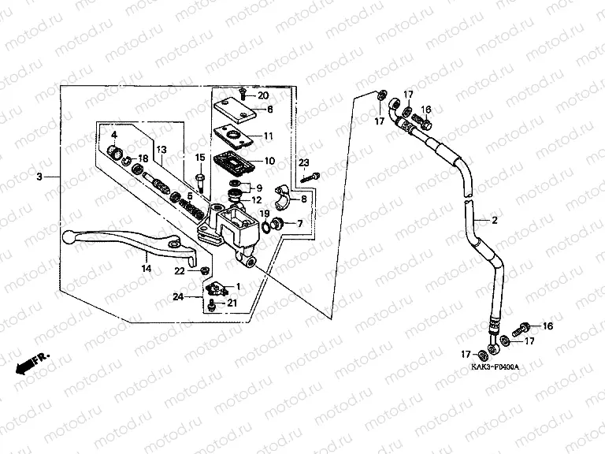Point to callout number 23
(302, 163)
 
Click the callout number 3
(39, 177)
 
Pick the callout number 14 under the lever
(146, 269)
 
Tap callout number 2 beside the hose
(496, 221)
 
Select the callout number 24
(178, 296)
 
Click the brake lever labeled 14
(126, 240)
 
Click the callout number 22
(180, 271)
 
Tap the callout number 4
(113, 135)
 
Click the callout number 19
(265, 214)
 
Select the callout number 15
(200, 157)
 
